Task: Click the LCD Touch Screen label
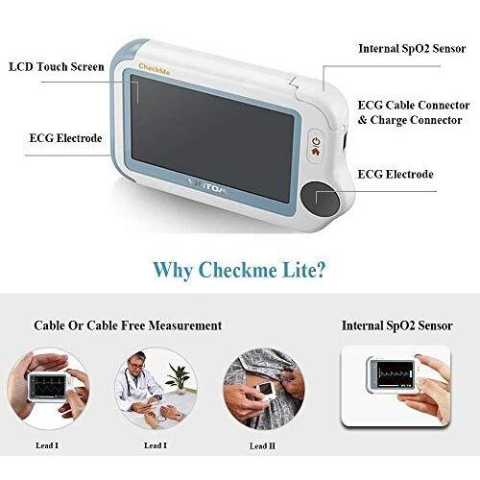tap(57, 66)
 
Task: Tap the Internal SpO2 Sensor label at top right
tap(412, 49)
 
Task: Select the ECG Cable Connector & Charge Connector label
tap(414, 112)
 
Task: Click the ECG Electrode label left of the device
tap(65, 138)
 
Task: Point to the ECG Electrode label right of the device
tap(396, 174)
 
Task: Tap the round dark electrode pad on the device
tap(320, 199)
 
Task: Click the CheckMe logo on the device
tap(154, 69)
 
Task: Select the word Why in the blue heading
tap(173, 271)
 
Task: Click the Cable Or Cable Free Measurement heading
tap(128, 325)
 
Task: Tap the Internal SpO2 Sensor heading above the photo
tap(397, 325)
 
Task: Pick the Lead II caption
tap(262, 445)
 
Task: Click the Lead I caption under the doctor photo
tap(156, 445)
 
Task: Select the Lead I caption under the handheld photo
tap(47, 445)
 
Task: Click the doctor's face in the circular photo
tap(136, 362)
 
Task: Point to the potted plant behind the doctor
tap(179, 377)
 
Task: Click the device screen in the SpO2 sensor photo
tap(395, 373)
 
